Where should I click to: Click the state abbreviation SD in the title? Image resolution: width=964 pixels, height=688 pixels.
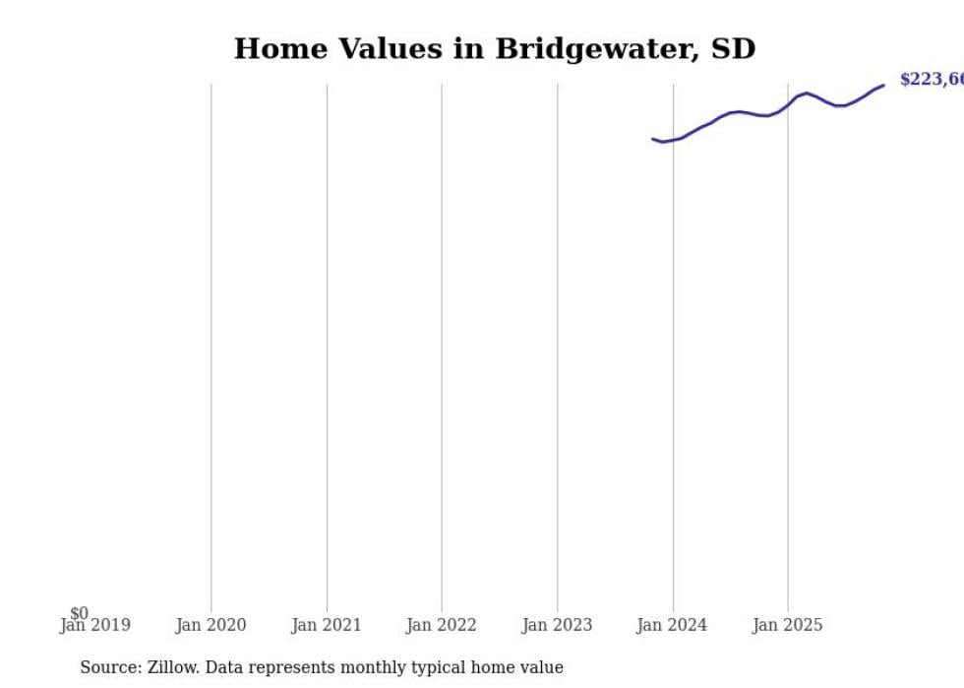[x=733, y=49]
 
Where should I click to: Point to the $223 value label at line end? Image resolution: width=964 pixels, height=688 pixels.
[x=931, y=80]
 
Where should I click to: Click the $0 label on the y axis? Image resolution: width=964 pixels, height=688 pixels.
[x=79, y=613]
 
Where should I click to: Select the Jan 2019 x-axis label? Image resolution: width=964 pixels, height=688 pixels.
[x=94, y=625]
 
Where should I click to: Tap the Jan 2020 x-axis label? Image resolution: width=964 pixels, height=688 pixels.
[x=211, y=625]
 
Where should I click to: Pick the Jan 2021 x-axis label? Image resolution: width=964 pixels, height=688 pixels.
[x=327, y=625]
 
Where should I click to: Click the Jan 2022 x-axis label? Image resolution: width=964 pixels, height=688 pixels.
[x=442, y=625]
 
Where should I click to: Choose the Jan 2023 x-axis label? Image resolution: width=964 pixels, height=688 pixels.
[x=557, y=625]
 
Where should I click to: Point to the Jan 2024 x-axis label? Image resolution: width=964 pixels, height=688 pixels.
[x=673, y=625]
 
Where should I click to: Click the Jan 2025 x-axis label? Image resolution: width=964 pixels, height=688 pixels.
[x=788, y=625]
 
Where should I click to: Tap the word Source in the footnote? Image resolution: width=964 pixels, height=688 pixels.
[x=110, y=667]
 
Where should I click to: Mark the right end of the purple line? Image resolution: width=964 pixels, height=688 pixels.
[x=883, y=85]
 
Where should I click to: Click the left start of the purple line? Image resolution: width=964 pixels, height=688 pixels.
[x=652, y=139]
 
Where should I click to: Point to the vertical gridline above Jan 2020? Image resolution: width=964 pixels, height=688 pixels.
[x=211, y=344]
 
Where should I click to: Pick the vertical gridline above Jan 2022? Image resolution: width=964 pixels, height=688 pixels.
[x=442, y=344]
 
